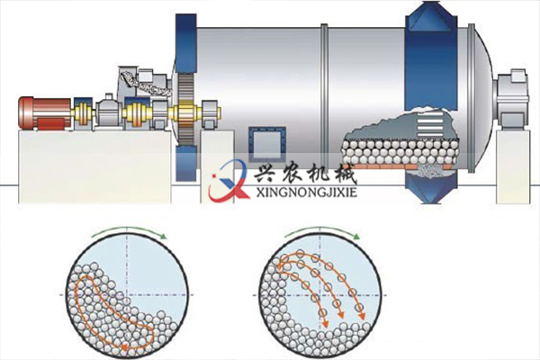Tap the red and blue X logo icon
226,180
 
